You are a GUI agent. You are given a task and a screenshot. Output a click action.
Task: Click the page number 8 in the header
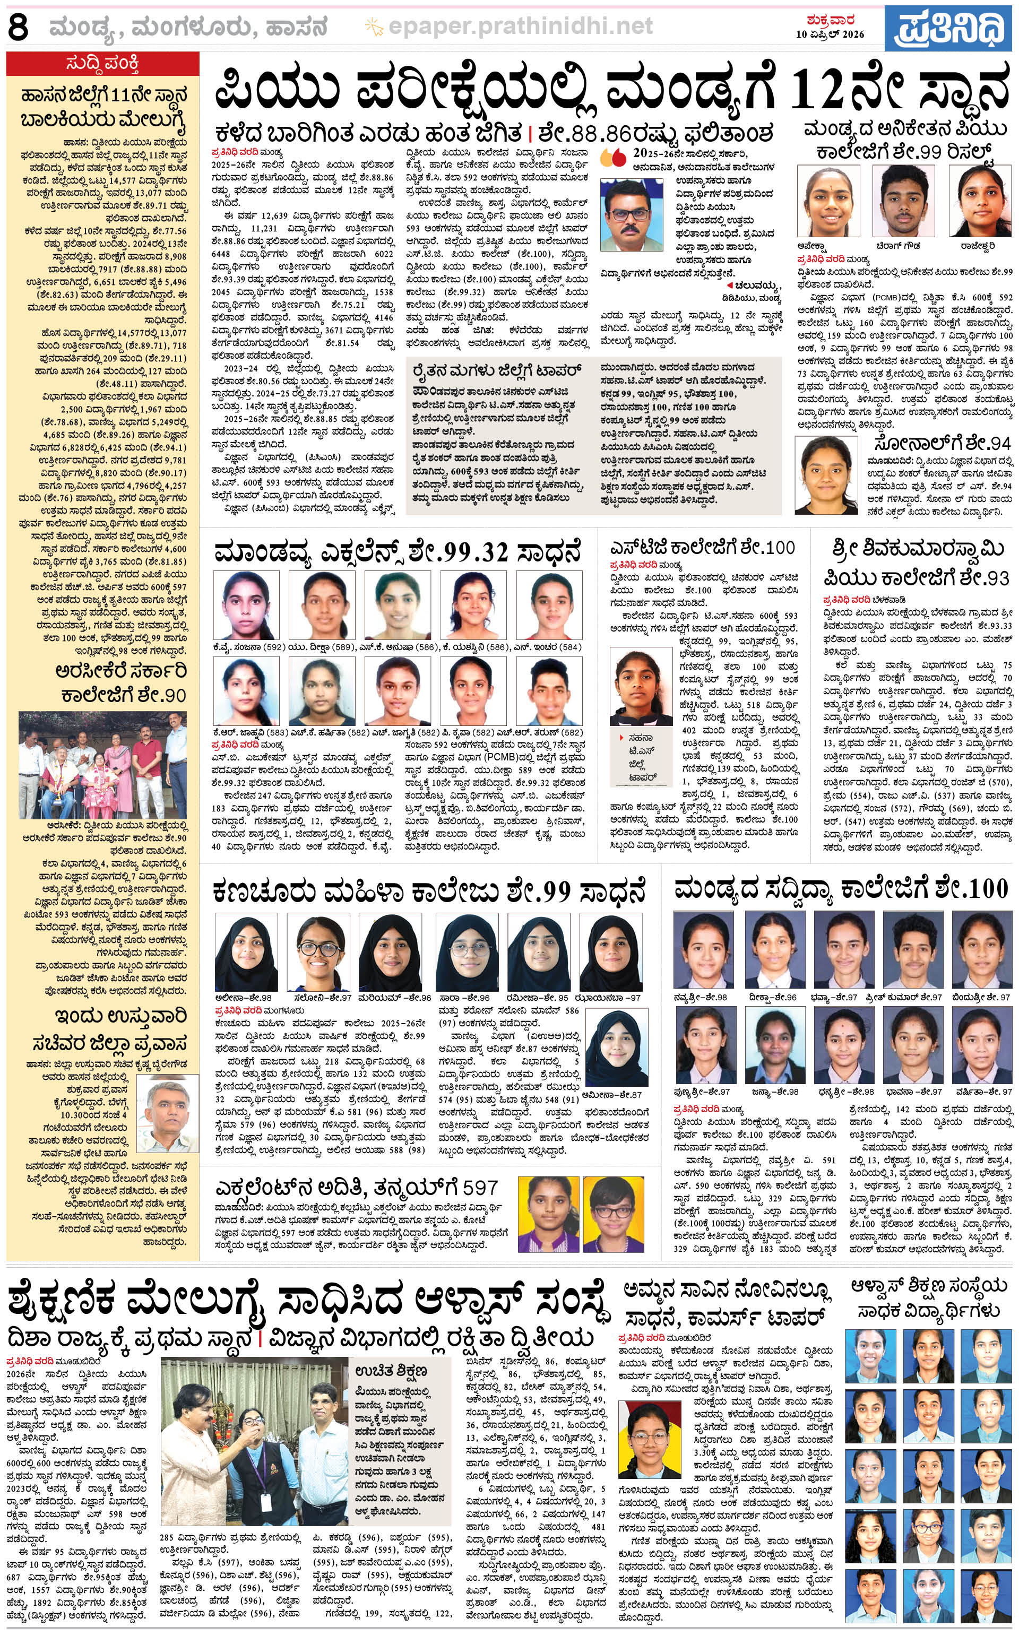(18, 28)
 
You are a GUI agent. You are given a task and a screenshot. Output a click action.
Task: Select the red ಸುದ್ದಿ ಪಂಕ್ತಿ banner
(103, 64)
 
